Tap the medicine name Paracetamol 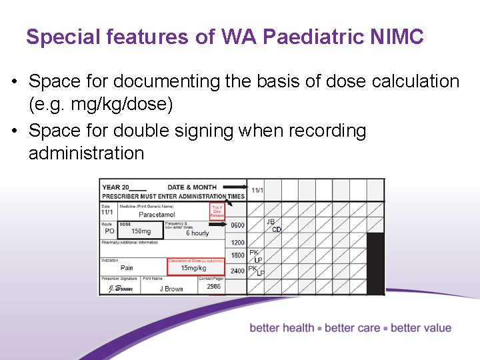(157, 215)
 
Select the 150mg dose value (141, 232)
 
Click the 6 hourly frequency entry (197, 233)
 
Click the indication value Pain (127, 268)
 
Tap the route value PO (109, 231)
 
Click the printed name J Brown (171, 288)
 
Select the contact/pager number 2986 (213, 287)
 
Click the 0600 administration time (237, 225)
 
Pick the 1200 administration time (237, 243)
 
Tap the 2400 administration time (237, 271)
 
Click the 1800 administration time (237, 256)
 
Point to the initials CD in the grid (276, 230)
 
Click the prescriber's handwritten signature (117, 289)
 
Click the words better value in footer (421, 328)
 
